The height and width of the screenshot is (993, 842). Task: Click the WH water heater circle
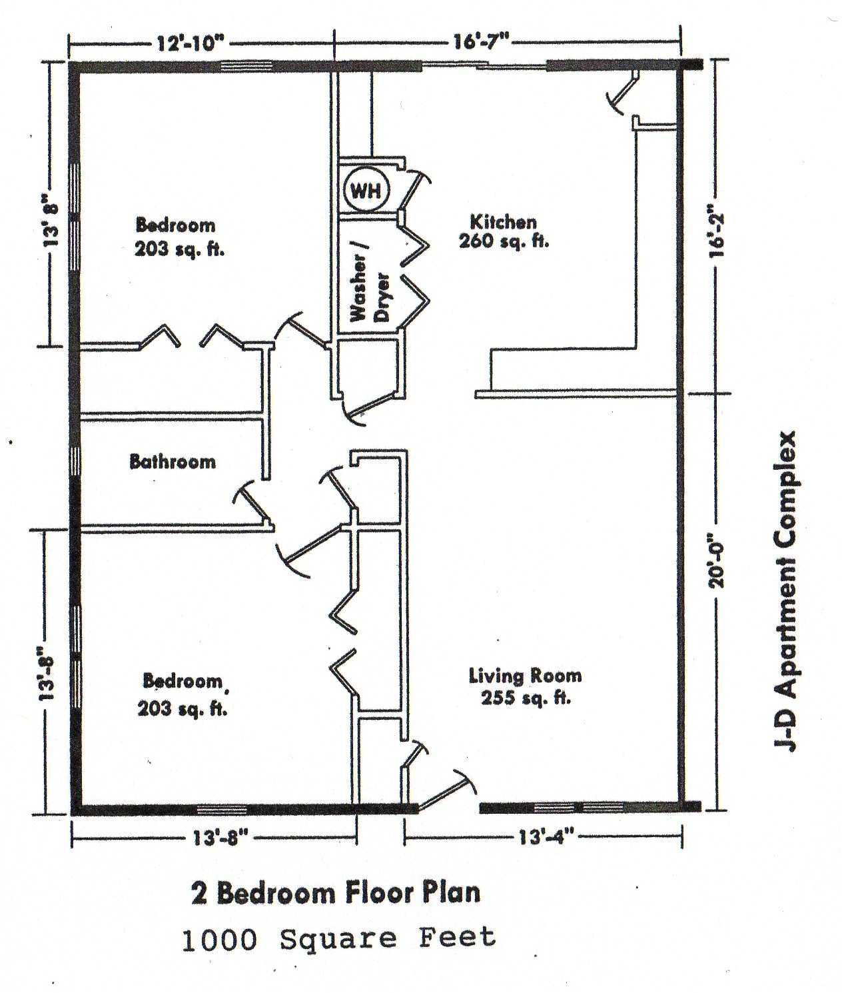365,191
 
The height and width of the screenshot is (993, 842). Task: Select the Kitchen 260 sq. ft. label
504,231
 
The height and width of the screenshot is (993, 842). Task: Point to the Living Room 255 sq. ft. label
525,686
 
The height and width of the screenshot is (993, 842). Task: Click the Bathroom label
173,461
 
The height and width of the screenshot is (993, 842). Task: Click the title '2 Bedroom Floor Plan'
335,893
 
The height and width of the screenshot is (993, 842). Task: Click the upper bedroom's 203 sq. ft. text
179,250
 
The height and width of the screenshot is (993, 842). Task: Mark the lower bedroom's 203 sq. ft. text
183,709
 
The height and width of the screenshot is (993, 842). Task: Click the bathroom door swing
253,504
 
